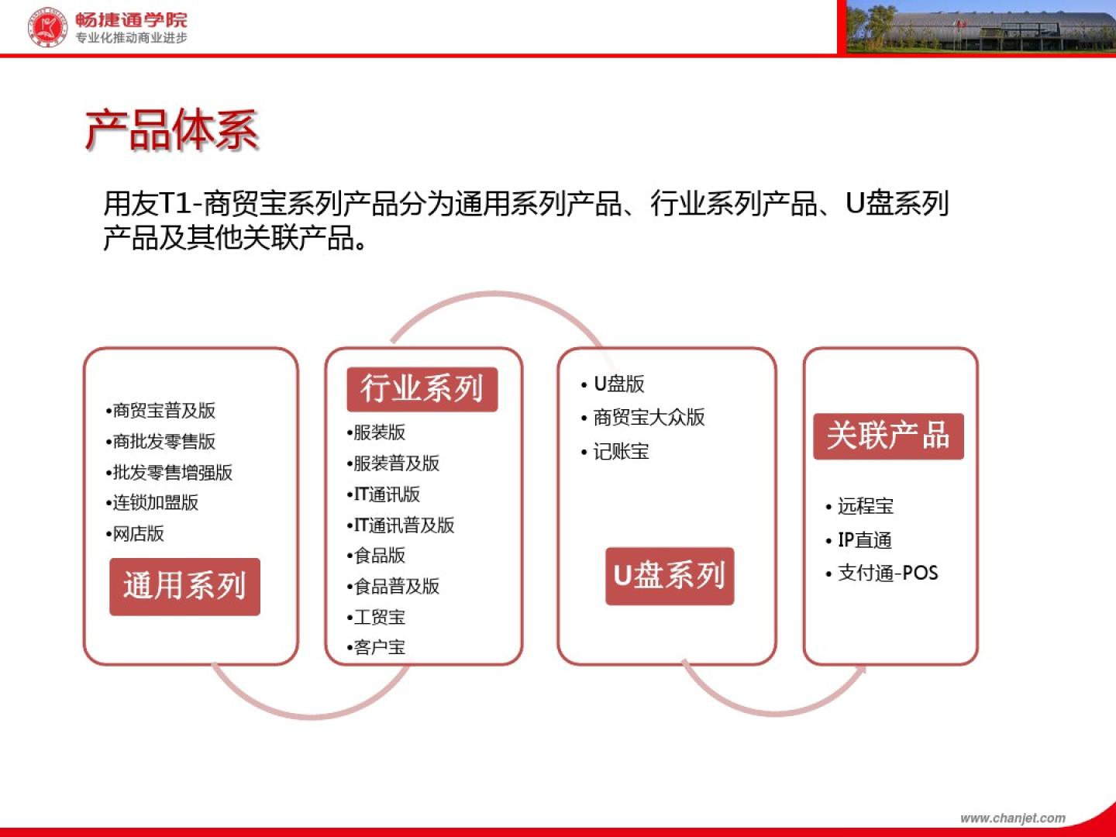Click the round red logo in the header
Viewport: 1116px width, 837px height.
click(47, 26)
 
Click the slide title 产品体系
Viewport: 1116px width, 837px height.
click(171, 130)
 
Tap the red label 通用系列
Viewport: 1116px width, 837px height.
click(184, 587)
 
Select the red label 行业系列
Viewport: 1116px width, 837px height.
click(422, 389)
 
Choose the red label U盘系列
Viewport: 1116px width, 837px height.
click(670, 576)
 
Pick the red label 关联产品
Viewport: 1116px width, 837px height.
click(888, 436)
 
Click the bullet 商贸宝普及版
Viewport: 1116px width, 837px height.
click(160, 410)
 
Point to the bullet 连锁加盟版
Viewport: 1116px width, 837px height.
click(152, 503)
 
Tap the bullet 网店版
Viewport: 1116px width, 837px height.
click(135, 534)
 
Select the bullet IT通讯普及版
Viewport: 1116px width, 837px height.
click(401, 525)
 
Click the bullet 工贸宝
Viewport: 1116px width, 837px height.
click(376, 617)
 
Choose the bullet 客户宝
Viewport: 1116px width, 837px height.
click(376, 647)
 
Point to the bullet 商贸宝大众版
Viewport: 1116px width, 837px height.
click(642, 417)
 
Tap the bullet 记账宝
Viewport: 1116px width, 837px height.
click(615, 451)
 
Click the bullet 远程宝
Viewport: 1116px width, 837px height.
click(859, 506)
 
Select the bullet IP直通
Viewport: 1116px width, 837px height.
click(858, 539)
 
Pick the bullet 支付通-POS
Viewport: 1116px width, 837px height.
click(882, 573)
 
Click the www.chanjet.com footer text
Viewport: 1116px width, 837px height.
click(1013, 818)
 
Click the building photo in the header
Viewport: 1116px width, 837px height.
click(980, 26)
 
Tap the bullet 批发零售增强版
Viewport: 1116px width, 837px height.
click(169, 472)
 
